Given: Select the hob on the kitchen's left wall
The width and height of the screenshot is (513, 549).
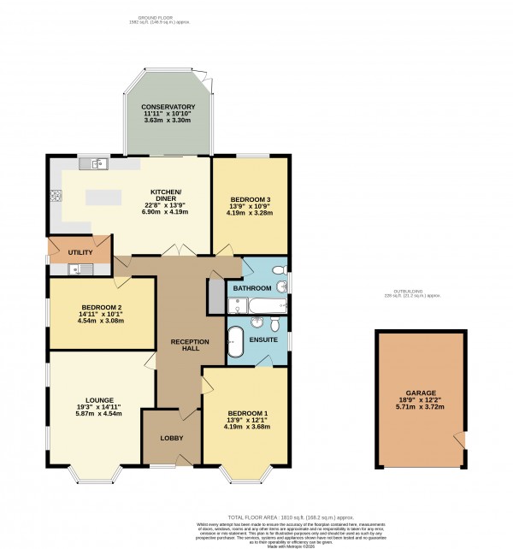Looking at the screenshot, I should coord(55,196).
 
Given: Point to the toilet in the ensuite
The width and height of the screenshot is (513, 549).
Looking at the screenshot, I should coord(274,324).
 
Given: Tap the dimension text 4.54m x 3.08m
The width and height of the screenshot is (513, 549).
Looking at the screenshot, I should coord(102,321).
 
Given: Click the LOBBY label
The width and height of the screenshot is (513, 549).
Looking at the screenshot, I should coord(172,439).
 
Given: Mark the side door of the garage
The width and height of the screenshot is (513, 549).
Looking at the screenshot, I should coord(461,440).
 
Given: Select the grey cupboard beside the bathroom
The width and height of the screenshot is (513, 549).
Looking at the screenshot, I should coord(216,296).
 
